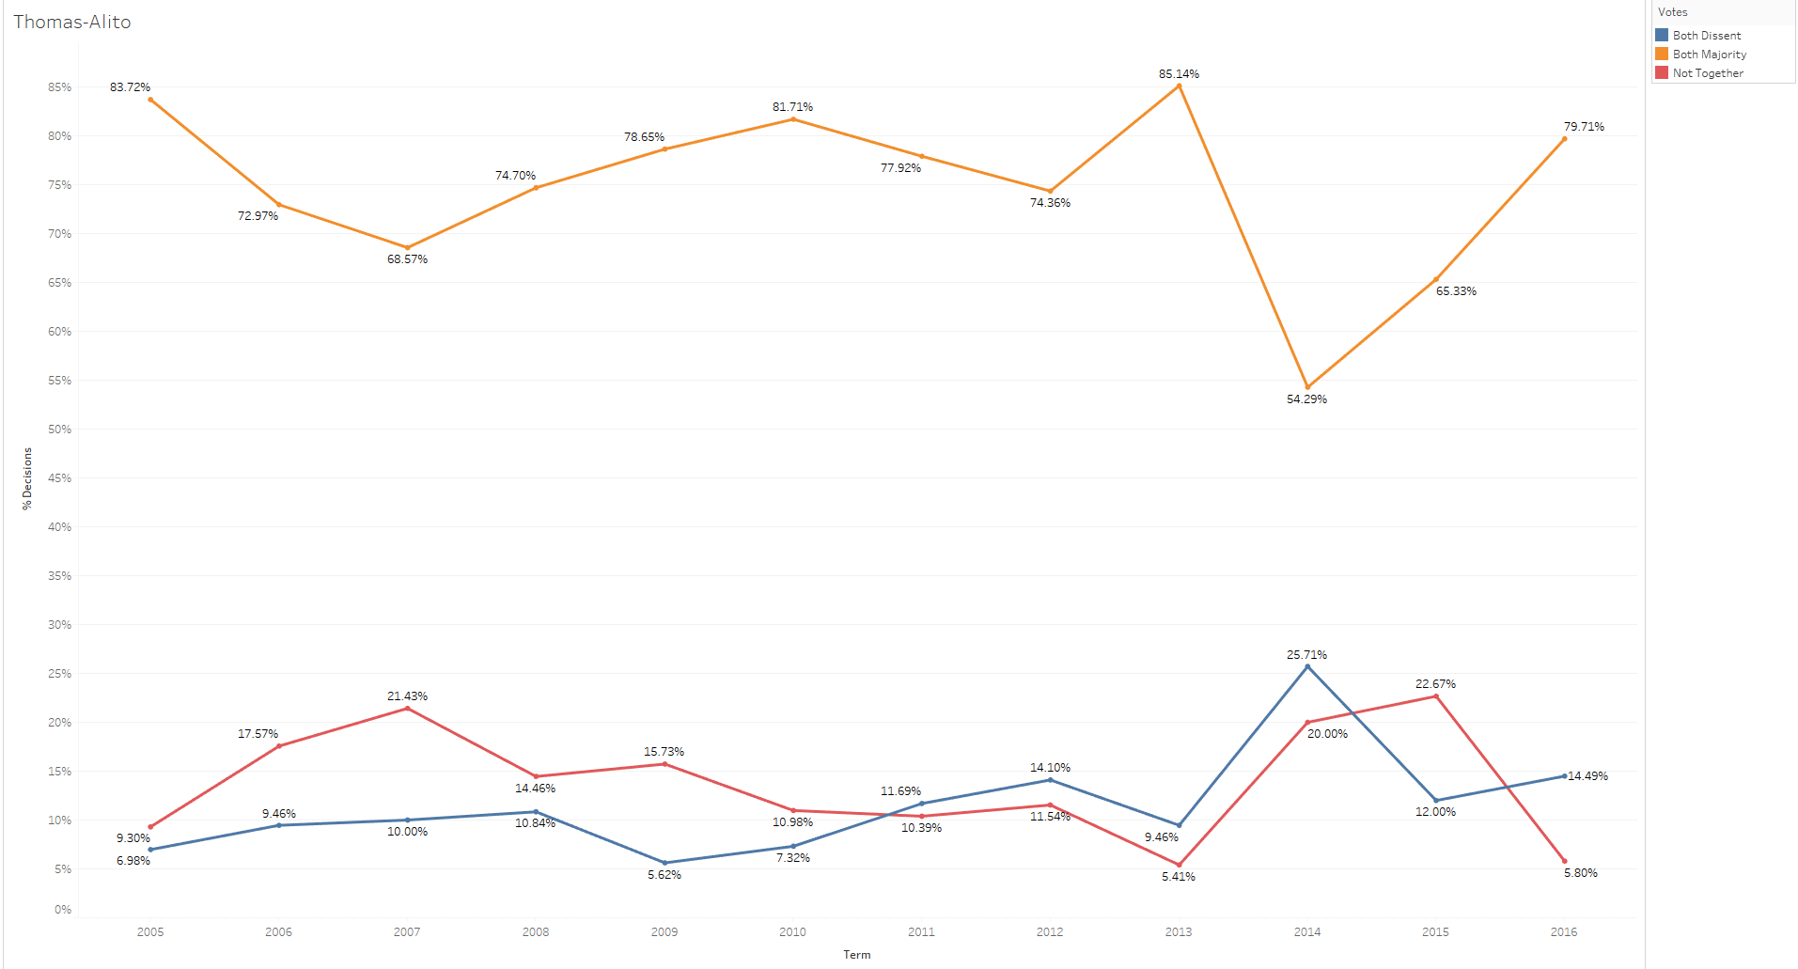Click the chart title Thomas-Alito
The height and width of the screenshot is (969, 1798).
[x=72, y=22]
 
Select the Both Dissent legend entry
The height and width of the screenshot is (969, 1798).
[x=1706, y=36]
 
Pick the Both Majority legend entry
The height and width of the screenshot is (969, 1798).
[x=1709, y=55]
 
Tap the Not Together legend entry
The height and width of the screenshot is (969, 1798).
[x=1707, y=73]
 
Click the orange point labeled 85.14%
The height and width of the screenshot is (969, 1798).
[x=1179, y=86]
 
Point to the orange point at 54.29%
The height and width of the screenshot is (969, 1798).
[x=1307, y=387]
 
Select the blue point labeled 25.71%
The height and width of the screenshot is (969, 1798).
[x=1307, y=667]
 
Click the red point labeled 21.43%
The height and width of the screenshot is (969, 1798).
[x=407, y=709]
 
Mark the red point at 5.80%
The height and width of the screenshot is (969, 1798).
[x=1564, y=861]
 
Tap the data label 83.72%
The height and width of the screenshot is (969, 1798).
[x=130, y=87]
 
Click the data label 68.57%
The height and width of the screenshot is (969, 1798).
[x=407, y=259]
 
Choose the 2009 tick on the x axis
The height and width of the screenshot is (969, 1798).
[x=664, y=932]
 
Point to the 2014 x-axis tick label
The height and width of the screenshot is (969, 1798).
[x=1307, y=932]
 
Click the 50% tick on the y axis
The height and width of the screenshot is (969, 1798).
[x=60, y=430]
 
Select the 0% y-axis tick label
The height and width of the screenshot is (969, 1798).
[x=63, y=910]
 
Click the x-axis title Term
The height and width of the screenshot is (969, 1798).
[x=856, y=955]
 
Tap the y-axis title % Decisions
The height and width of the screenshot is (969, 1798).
[x=27, y=478]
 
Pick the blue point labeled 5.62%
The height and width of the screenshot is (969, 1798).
[x=664, y=863]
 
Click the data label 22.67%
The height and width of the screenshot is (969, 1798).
[x=1435, y=684]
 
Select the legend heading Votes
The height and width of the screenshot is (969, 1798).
[x=1672, y=12]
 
